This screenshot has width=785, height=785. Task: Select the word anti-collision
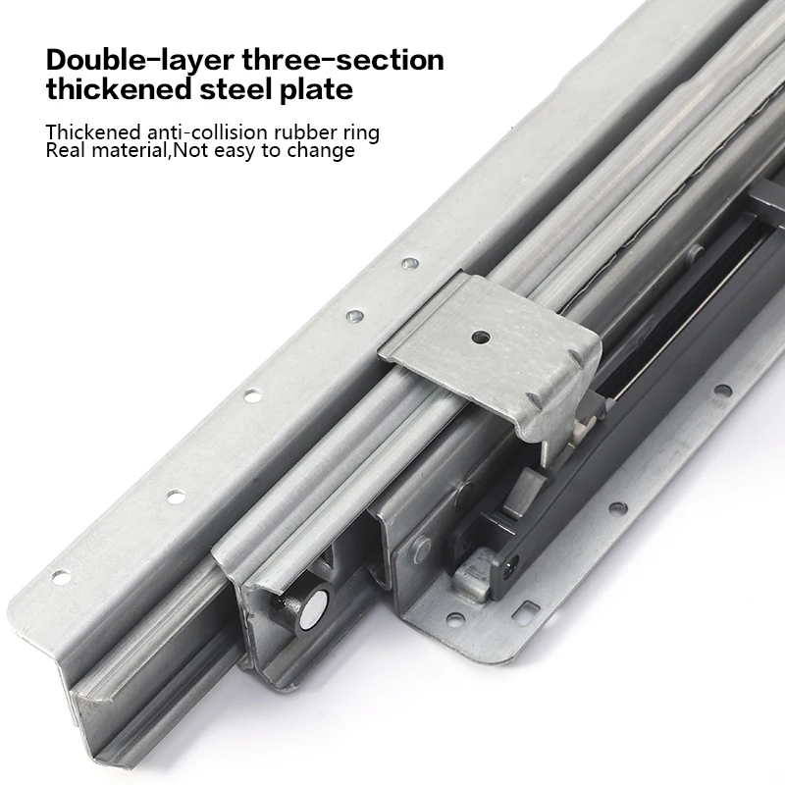point(206,132)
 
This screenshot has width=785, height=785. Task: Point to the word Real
point(65,151)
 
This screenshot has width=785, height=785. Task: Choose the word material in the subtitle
point(129,151)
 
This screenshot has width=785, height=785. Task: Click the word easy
point(232,151)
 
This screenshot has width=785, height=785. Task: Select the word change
point(321,151)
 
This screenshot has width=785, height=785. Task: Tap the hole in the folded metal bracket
point(480,337)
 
